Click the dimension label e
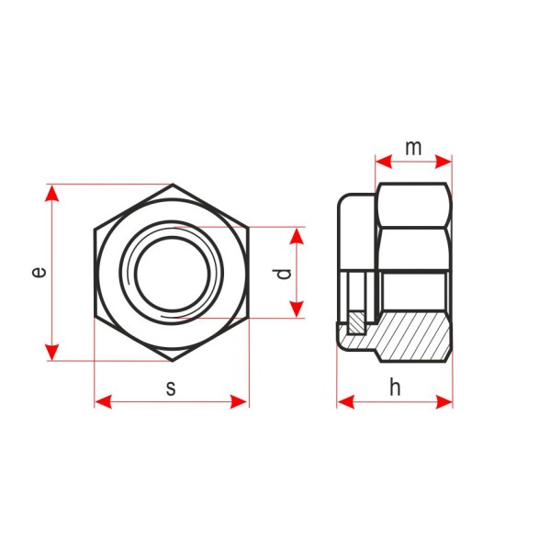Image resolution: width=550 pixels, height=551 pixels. click(39, 272)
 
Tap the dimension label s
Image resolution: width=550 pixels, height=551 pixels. click(171, 388)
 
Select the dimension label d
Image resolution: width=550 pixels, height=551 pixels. click(284, 274)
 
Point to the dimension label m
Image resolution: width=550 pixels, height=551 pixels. click(413, 148)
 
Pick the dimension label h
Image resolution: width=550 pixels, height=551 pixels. click(395, 388)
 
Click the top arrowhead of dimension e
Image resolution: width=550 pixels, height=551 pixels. click(52, 193)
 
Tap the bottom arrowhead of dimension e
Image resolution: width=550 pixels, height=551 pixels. click(52, 353)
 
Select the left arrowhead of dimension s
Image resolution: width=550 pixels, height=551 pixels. click(104, 401)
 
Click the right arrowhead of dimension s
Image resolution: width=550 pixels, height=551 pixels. click(239, 401)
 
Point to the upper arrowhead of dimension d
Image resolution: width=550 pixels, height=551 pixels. click(297, 236)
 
